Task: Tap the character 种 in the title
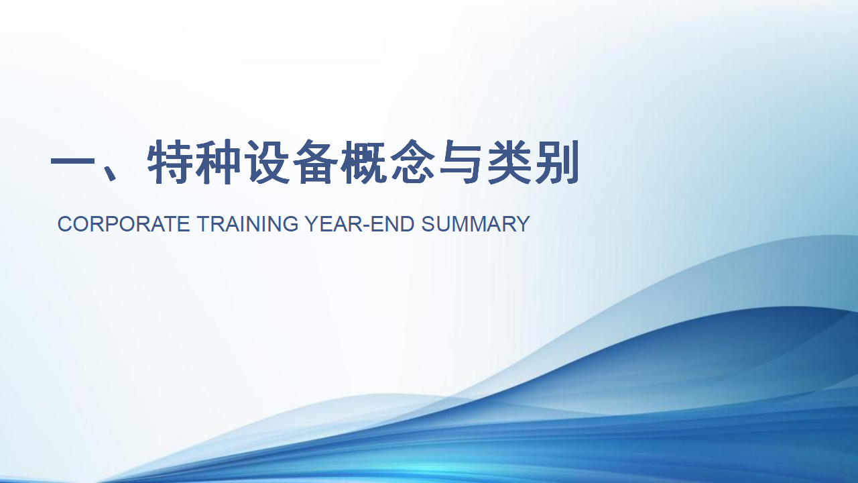[x=219, y=162]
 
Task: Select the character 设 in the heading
[x=267, y=162]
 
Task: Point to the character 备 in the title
[x=315, y=162]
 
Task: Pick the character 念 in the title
[x=412, y=162]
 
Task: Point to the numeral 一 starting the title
[x=74, y=161]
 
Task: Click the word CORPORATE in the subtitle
[x=124, y=224]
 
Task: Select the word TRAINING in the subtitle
[x=248, y=224]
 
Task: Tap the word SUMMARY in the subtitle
[x=476, y=224]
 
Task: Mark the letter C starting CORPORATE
[x=65, y=224]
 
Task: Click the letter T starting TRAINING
[x=204, y=224]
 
